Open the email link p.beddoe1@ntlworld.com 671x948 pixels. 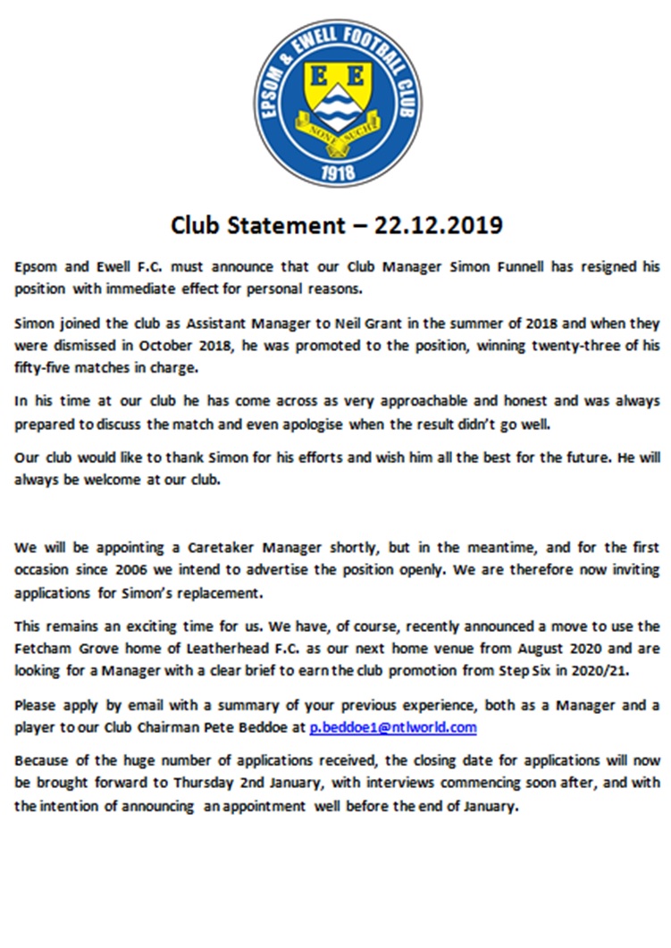point(393,727)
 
